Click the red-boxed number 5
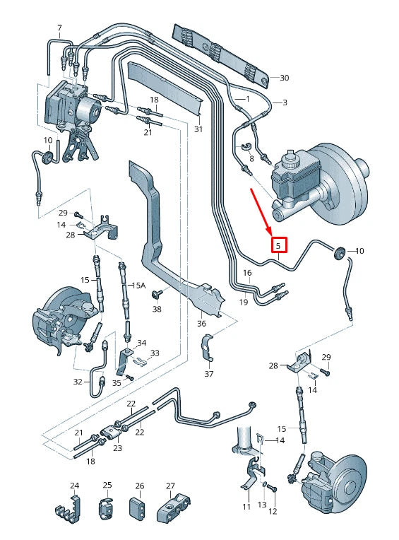(278, 246)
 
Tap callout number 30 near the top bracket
(285, 78)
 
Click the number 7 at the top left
(59, 28)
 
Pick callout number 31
(198, 129)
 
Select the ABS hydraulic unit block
(71, 102)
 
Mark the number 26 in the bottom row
(139, 486)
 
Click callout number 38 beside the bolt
(157, 309)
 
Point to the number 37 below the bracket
(208, 374)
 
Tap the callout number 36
(201, 324)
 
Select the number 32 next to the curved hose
(78, 382)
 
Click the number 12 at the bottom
(273, 510)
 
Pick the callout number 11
(246, 507)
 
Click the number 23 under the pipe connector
(117, 447)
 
